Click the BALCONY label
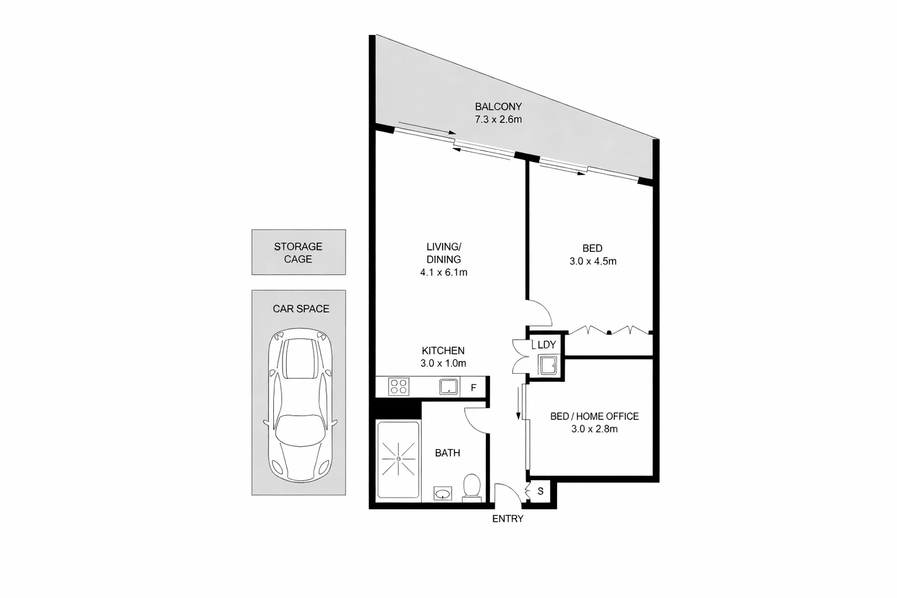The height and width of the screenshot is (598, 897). coord(498,107)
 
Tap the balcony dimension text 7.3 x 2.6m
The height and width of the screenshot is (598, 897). coord(498,120)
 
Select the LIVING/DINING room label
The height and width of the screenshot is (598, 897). coord(443,252)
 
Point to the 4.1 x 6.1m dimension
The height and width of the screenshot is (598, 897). coord(443,272)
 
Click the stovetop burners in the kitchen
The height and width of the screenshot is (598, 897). coord(399,387)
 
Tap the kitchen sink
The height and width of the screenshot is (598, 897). coord(448,387)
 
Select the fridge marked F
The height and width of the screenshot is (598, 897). coord(474,388)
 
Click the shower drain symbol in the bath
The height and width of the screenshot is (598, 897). coord(398,459)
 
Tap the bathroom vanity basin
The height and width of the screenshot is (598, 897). coord(443,494)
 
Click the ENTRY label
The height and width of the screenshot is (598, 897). coord(507,519)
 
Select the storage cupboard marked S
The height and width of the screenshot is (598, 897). coord(540,492)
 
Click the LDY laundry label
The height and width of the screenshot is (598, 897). coord(547,345)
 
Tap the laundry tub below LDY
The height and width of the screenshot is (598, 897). coord(548,366)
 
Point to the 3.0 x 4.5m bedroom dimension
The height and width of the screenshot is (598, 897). coord(593,261)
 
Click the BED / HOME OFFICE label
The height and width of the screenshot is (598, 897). coord(594,416)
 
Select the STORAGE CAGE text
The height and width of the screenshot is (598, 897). coord(298,253)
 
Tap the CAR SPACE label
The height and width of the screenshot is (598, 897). coord(301,309)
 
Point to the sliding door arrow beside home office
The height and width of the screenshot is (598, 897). coord(518,403)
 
